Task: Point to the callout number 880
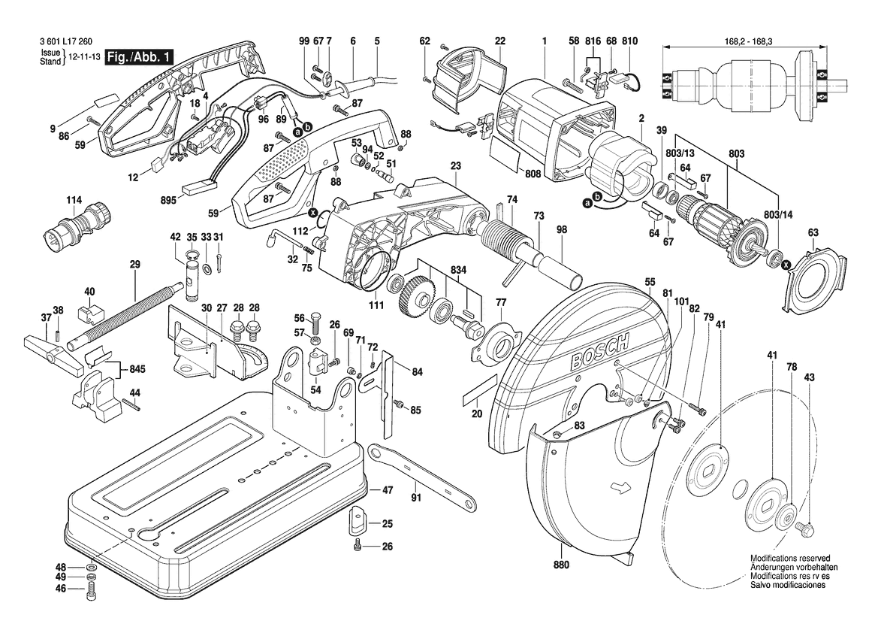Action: (561, 565)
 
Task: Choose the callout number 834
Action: (459, 271)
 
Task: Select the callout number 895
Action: (167, 201)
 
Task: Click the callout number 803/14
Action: (778, 216)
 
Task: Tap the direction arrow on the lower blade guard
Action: (621, 489)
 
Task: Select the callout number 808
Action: (533, 174)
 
